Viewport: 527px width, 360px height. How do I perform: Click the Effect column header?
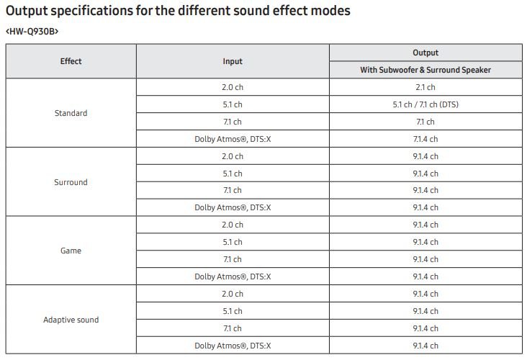tap(71, 61)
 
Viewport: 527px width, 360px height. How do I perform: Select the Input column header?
tap(233, 61)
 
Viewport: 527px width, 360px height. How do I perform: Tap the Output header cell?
tap(425, 53)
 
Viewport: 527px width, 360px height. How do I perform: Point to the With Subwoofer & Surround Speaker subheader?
tap(425, 70)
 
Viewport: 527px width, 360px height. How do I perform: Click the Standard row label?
tap(71, 113)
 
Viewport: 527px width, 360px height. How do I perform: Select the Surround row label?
tap(71, 182)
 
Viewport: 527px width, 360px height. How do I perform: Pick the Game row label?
tap(71, 251)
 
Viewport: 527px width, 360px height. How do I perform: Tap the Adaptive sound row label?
tap(71, 320)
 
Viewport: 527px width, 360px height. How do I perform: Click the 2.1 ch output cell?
tap(425, 87)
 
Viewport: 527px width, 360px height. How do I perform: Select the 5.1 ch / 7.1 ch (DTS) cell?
tap(425, 104)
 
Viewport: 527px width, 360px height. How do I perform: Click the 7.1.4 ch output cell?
tap(425, 139)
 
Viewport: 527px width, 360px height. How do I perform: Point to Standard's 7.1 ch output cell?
tap(425, 122)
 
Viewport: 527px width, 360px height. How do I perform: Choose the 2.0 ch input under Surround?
tap(233, 156)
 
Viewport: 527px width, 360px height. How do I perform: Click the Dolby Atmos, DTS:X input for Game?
tap(233, 276)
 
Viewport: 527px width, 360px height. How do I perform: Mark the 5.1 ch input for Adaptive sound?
tap(233, 311)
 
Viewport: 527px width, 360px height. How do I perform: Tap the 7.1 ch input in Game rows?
tap(233, 259)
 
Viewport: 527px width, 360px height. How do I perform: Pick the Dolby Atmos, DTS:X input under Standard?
tap(233, 139)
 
